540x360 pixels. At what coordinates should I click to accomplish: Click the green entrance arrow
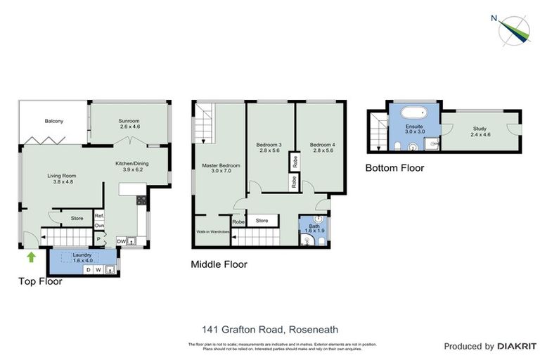click(x=30, y=257)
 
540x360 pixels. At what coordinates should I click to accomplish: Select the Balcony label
click(x=54, y=122)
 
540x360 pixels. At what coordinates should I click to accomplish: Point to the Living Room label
click(x=61, y=179)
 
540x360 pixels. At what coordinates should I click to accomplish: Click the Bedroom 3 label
click(x=270, y=146)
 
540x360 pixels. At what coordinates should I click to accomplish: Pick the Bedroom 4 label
click(x=321, y=146)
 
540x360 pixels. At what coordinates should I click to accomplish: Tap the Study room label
click(x=480, y=131)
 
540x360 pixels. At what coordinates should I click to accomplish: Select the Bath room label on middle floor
click(x=312, y=227)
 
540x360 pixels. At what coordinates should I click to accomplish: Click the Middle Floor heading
click(x=219, y=265)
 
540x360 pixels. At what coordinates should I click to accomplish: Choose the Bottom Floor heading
click(x=394, y=168)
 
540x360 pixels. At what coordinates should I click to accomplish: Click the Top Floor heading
click(x=40, y=281)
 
